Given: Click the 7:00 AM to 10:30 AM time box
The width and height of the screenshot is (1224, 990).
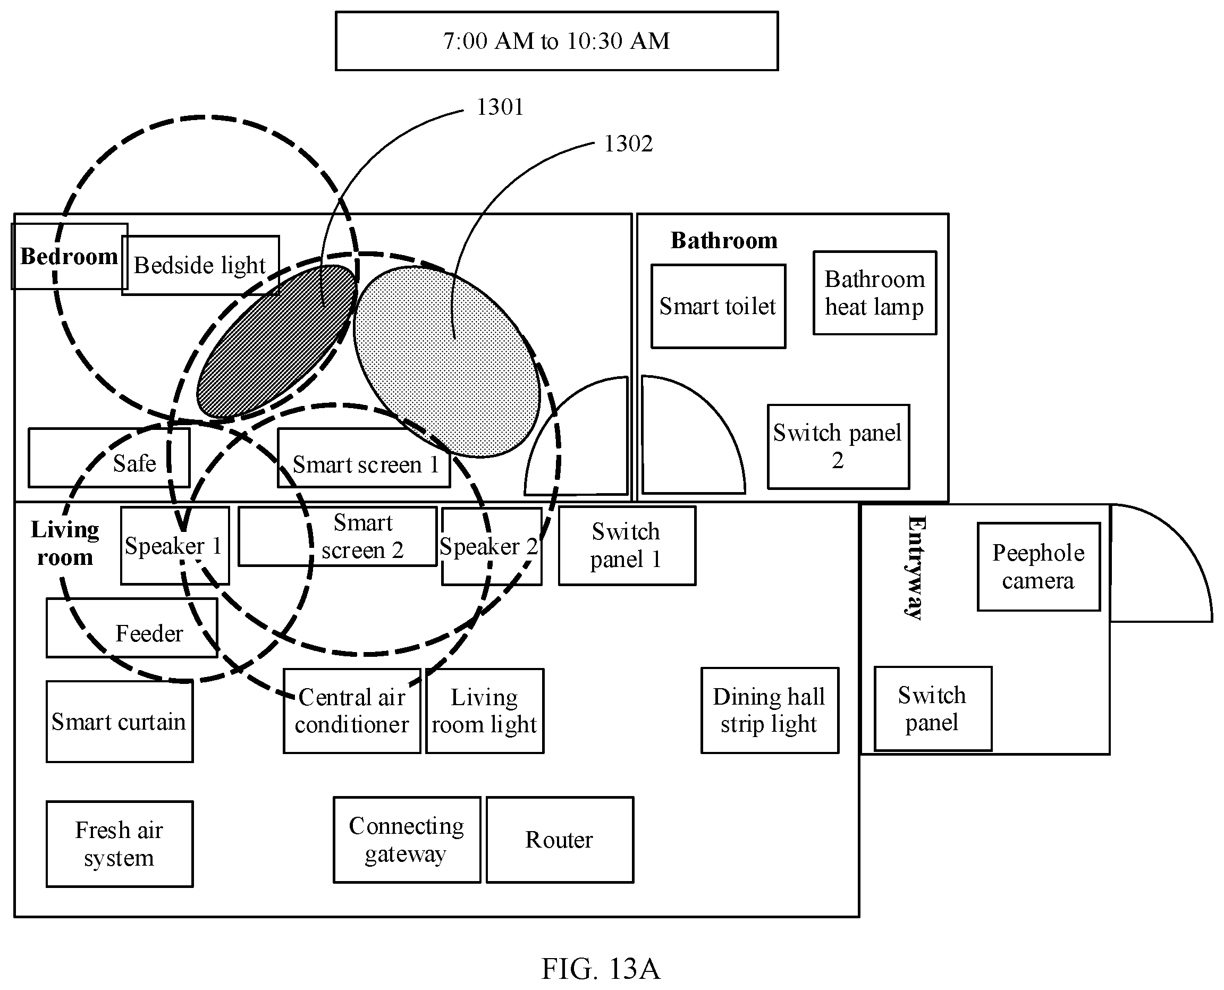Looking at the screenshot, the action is pos(556,41).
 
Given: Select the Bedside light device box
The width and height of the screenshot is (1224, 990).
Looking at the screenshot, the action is pos(201,265).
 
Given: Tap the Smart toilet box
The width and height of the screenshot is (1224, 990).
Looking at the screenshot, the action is pos(718,306).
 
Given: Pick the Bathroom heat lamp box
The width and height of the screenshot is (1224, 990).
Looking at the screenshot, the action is pos(875,293).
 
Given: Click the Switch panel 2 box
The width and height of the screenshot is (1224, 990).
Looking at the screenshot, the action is pos(839,446).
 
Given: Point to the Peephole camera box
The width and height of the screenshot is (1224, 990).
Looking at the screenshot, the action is pos(1039,567).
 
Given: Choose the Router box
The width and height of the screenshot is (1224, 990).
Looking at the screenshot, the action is pos(560,840).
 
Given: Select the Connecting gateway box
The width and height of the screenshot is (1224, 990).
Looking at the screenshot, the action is pos(407,840).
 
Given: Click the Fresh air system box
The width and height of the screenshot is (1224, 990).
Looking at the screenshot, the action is pos(119,844).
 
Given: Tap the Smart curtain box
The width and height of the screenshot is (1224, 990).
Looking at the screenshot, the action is pos(119,722).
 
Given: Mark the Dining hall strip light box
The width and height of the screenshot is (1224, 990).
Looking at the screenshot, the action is pos(770,710).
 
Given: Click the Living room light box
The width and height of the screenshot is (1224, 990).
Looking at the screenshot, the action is pos(485,711).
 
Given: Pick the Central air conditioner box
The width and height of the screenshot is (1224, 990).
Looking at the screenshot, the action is pos(352,711).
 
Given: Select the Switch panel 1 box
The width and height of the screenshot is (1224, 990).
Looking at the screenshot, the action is pos(627,546).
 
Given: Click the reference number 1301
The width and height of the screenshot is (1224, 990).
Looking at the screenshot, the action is pos(500,107).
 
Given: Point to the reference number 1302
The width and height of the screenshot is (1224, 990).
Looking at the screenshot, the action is pos(628,143).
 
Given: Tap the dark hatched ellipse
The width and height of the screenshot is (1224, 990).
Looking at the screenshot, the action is pos(276,341).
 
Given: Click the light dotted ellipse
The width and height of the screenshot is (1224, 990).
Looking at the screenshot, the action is pos(446,361).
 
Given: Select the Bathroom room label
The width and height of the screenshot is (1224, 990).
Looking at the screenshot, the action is pos(724,241).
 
